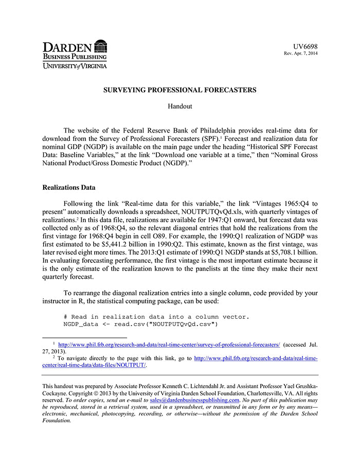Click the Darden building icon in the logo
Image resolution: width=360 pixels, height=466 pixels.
point(101,46)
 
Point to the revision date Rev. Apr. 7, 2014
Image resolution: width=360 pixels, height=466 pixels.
point(301,53)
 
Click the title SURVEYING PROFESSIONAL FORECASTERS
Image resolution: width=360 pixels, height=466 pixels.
point(179,90)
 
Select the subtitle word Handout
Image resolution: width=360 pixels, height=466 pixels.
point(179,106)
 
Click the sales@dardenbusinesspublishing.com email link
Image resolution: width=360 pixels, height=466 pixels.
point(194,400)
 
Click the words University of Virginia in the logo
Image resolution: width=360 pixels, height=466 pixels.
point(75,66)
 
